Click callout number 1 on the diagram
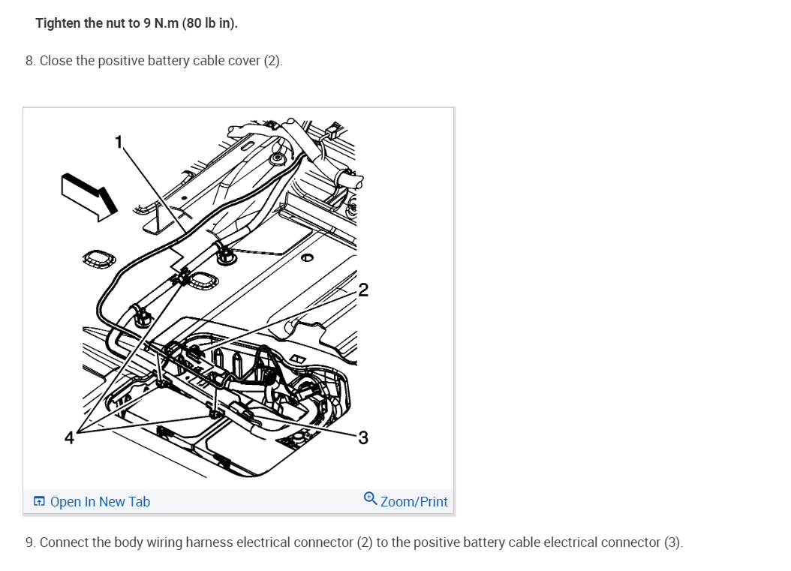tap(118, 142)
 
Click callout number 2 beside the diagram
tap(363, 290)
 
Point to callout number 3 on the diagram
tap(363, 437)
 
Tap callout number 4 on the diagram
tap(69, 437)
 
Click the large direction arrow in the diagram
tap(89, 196)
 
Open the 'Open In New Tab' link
tap(100, 502)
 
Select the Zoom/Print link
tap(414, 502)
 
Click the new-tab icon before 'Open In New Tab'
tap(39, 502)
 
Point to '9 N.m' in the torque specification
tap(161, 23)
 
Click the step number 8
tap(30, 61)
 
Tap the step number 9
tap(30, 542)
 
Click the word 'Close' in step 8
tap(56, 61)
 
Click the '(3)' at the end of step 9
tap(673, 542)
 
